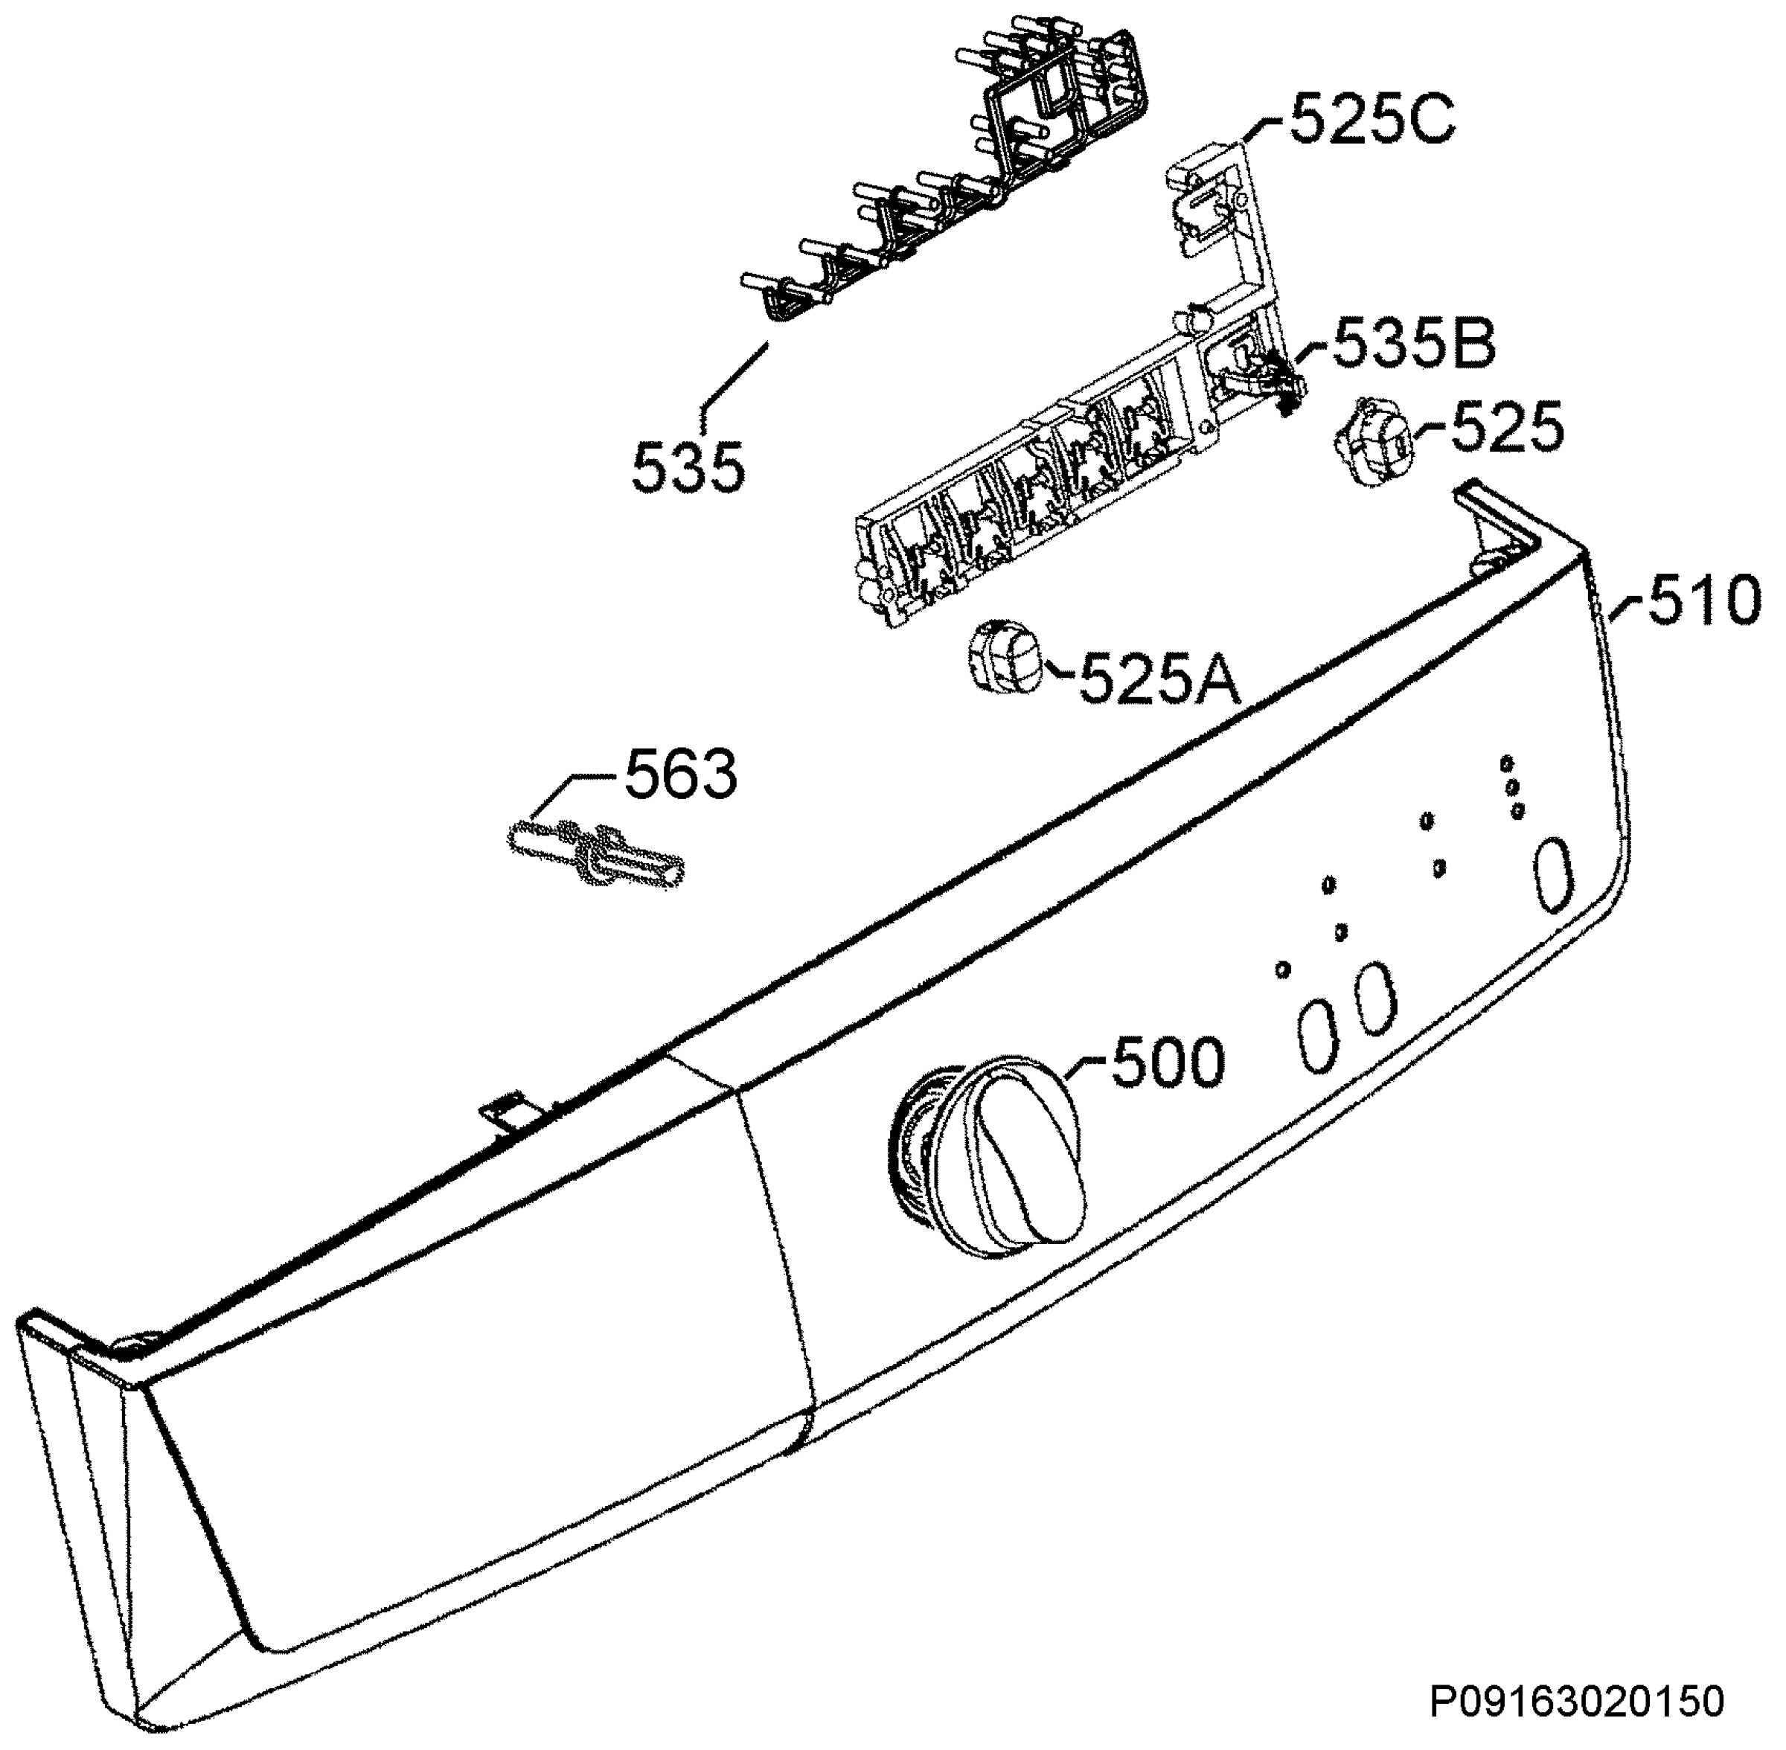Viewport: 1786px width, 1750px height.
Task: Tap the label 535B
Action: [1414, 343]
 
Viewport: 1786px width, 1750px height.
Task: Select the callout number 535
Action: [688, 467]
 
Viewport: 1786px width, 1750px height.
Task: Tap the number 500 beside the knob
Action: [1168, 1062]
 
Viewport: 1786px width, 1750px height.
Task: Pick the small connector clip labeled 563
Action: [597, 854]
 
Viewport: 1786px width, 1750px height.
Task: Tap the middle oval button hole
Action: [1375, 999]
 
